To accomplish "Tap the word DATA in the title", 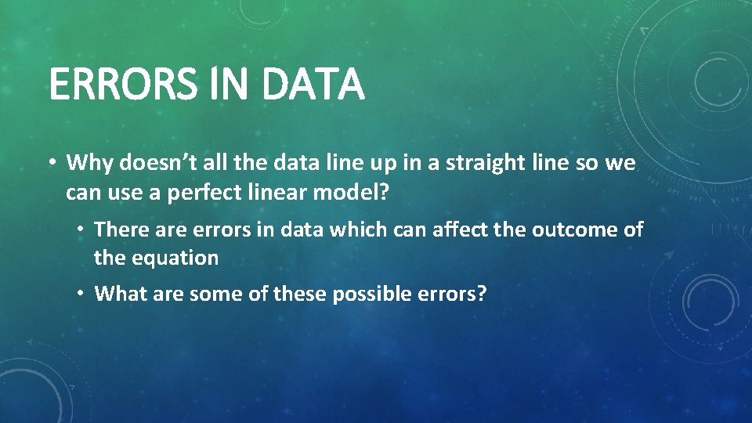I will (x=313, y=85).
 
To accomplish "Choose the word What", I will (x=118, y=295).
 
